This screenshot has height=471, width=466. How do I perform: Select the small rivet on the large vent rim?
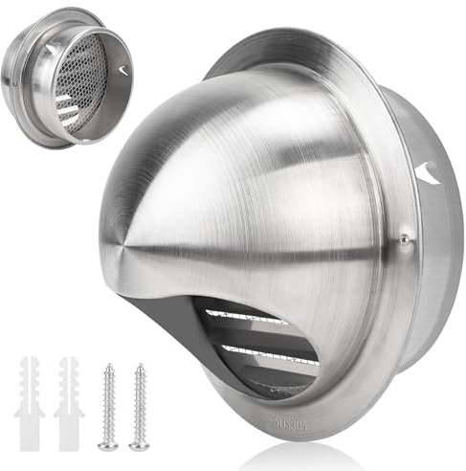point(405,238)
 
